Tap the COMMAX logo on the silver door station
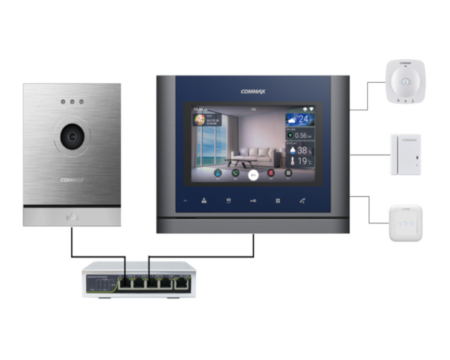click(x=72, y=179)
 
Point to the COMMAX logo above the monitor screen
click(x=253, y=92)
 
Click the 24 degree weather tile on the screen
click(x=300, y=119)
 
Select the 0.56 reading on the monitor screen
click(x=300, y=135)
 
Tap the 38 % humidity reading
click(x=300, y=150)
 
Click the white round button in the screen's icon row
click(x=253, y=174)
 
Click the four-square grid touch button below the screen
click(x=278, y=201)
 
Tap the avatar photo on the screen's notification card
click(x=198, y=120)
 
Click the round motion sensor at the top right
click(x=405, y=81)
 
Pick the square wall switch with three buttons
click(x=405, y=223)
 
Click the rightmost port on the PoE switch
click(x=181, y=282)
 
